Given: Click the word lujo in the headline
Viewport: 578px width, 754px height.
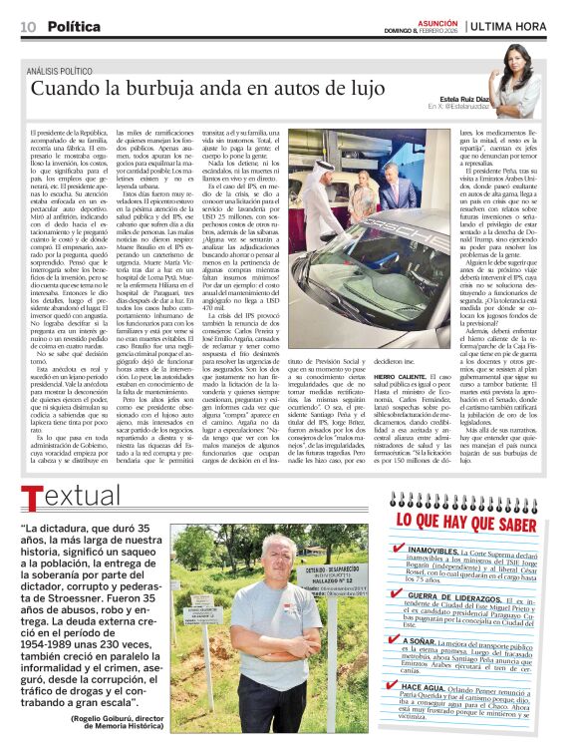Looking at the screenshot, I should (x=364, y=88).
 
